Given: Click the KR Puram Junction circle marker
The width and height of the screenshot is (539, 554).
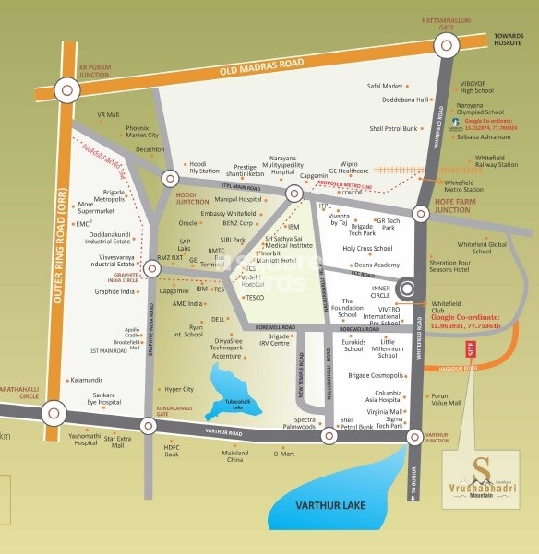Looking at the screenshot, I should point(66,89).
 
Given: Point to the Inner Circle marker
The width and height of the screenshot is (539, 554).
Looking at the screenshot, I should point(407,290).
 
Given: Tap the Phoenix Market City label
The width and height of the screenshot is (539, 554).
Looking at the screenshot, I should point(142,130).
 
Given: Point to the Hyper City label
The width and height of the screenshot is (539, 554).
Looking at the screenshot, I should point(178,389).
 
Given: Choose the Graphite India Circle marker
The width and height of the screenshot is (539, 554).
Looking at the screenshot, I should point(152,268).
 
